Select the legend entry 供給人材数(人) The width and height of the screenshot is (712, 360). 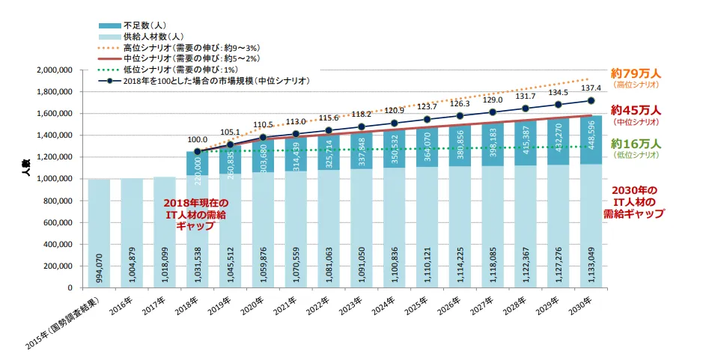click(x=150, y=36)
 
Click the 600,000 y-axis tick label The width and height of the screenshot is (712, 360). click(x=57, y=222)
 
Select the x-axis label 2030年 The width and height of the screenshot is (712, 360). click(x=582, y=305)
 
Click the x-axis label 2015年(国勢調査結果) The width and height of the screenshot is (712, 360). click(x=64, y=323)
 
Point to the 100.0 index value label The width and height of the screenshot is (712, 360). click(x=197, y=139)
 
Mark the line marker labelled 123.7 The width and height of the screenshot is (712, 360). click(x=426, y=119)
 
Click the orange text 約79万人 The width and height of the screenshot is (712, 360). click(x=636, y=73)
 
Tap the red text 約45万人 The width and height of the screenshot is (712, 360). click(x=636, y=109)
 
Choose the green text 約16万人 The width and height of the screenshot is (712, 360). click(x=636, y=143)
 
